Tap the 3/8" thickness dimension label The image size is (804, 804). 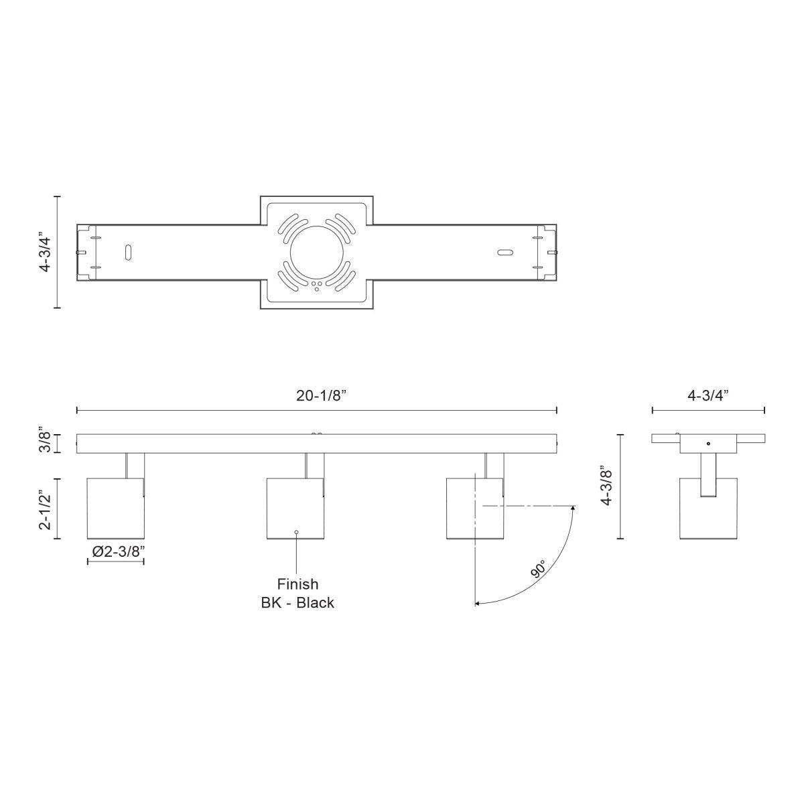pos(44,442)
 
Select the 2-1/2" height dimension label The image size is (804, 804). pos(44,509)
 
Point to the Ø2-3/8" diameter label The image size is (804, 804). pos(115,551)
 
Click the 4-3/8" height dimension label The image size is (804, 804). pos(607,486)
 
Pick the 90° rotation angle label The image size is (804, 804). pos(537,570)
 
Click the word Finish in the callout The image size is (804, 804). pos(297,584)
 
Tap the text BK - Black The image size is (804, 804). pos(297,603)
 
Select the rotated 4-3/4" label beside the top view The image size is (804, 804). pos(44,252)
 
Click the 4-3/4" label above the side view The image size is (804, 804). pos(708,395)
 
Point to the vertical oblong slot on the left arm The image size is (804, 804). pos(127,253)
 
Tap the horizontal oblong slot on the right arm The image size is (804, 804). pos(505,253)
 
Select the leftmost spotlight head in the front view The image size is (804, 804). pos(116,509)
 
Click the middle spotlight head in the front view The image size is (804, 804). pos(295,509)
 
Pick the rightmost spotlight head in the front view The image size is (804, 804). pos(475,509)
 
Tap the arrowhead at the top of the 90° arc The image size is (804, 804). pos(574,509)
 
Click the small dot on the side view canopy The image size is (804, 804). pos(708,444)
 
